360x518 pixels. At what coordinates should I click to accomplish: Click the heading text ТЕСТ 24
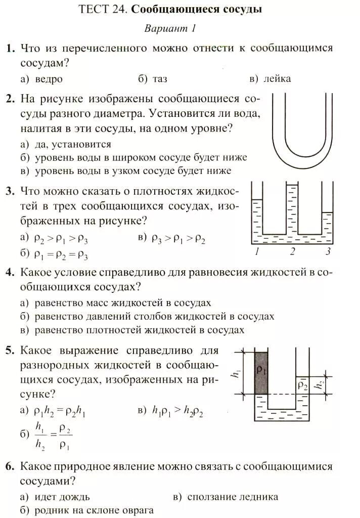(103, 10)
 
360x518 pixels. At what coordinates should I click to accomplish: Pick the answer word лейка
(277, 79)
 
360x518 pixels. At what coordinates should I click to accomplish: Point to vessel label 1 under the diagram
(258, 252)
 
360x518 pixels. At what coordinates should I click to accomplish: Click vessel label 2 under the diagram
(293, 252)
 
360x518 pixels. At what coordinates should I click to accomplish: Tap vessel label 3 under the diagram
(328, 252)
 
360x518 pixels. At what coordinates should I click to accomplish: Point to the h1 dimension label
(235, 375)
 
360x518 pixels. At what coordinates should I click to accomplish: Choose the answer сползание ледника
(233, 497)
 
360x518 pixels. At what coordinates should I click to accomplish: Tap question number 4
(10, 273)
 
